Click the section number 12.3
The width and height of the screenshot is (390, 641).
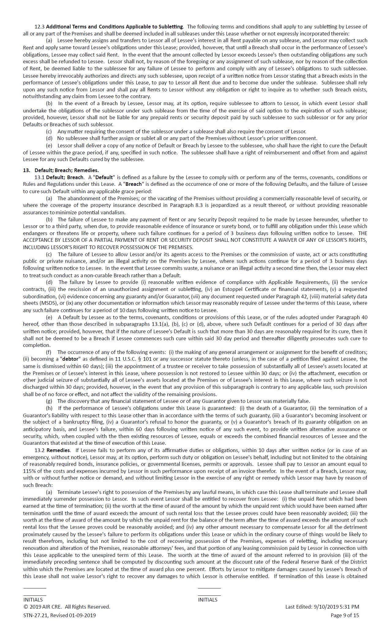[39, 27]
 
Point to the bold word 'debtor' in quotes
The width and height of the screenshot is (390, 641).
[70, 359]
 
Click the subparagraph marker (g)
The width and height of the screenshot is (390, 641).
[49, 401]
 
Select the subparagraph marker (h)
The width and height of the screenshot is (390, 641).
[49, 408]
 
